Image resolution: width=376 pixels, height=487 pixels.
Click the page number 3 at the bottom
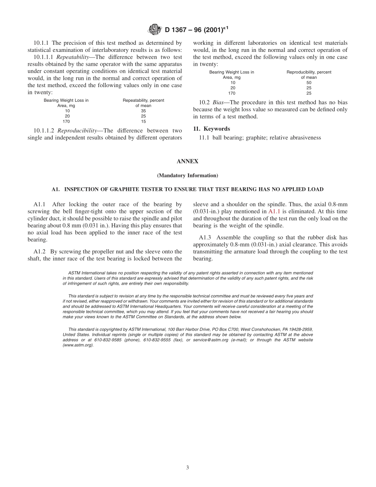(188, 468)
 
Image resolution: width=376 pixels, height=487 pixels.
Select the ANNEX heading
(188, 162)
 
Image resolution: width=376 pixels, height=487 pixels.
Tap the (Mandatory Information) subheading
(188, 175)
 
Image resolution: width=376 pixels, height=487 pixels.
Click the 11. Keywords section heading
(211, 129)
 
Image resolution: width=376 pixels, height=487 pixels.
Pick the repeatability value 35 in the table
(143, 111)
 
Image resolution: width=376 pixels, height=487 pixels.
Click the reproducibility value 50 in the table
(309, 83)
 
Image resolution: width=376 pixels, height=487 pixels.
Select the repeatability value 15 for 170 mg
(143, 122)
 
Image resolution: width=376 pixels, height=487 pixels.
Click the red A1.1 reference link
(274, 211)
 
